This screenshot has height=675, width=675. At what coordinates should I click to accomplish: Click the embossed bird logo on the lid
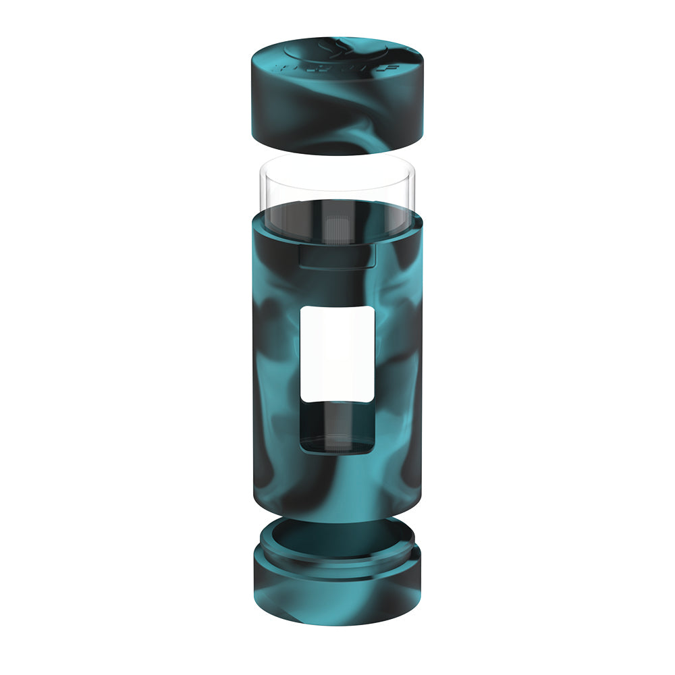pos(335,49)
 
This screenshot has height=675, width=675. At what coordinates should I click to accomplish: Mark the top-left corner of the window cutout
pos(302,308)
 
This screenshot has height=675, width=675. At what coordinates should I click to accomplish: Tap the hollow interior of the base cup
pos(335,533)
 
